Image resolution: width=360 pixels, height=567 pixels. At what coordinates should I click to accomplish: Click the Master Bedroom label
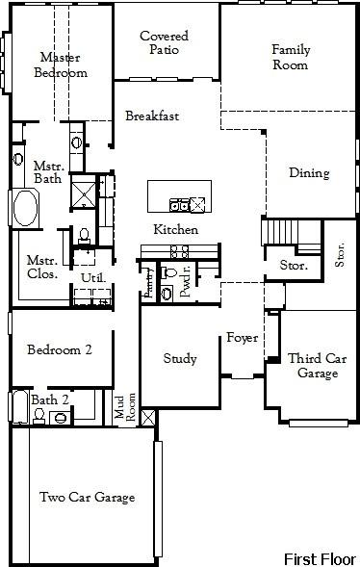(x=61, y=64)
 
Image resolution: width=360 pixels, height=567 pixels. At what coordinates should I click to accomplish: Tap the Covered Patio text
(x=164, y=43)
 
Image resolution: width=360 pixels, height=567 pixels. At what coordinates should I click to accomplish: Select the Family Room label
(x=290, y=57)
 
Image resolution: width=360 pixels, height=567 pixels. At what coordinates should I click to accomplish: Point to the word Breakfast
(x=152, y=116)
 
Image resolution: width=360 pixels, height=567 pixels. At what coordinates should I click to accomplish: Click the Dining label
(x=309, y=174)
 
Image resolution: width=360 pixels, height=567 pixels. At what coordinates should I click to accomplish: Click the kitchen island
(x=177, y=196)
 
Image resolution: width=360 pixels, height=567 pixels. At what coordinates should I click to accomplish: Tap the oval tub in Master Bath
(x=23, y=208)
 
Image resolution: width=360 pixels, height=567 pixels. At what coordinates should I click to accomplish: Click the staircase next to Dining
(x=280, y=233)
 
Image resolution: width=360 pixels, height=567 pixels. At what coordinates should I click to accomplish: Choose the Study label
(x=179, y=359)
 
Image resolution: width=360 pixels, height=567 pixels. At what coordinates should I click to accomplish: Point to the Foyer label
(x=241, y=338)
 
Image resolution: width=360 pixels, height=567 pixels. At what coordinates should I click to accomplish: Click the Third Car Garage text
(x=317, y=366)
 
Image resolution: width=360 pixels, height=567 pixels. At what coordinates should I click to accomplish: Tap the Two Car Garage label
(x=87, y=498)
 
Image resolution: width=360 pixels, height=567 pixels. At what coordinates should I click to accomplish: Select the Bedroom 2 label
(x=59, y=350)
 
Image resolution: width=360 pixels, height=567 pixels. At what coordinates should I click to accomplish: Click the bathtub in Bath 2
(x=19, y=409)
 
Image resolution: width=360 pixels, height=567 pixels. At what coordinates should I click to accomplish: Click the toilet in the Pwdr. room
(x=169, y=274)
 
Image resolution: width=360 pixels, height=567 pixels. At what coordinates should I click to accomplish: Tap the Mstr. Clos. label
(x=41, y=267)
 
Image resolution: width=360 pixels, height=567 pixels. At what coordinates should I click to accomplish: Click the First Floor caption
(x=320, y=558)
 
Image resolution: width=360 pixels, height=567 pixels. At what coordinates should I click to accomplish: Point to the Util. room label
(x=92, y=278)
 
